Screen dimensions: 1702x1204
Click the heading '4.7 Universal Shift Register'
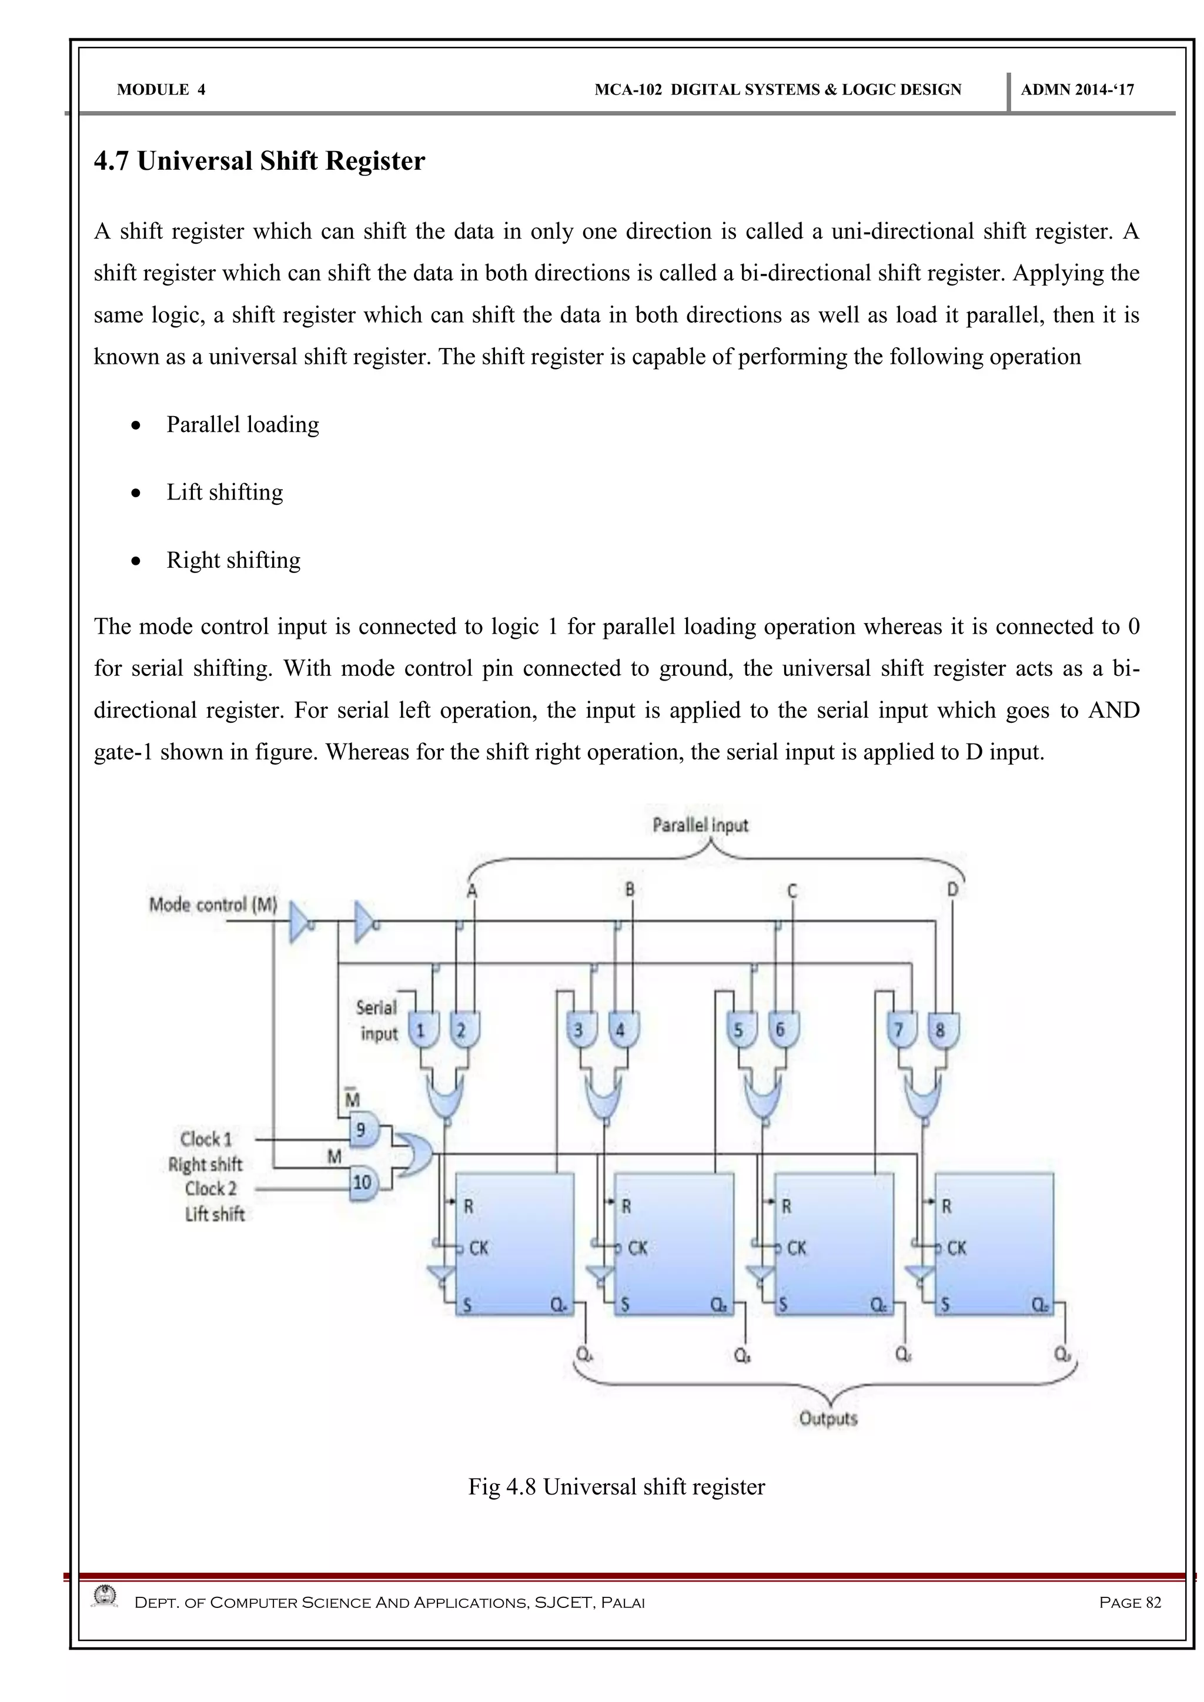(259, 162)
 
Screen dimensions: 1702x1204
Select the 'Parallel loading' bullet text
(242, 425)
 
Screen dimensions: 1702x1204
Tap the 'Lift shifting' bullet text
(225, 492)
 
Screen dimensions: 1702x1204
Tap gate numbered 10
(363, 1182)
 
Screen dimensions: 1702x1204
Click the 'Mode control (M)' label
(213, 904)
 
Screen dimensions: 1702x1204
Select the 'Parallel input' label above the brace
(700, 825)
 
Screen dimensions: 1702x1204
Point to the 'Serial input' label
(378, 1021)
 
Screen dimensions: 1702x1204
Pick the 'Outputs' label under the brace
(828, 1419)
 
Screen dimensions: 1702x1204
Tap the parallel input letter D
(952, 890)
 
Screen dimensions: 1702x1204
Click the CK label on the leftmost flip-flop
(478, 1248)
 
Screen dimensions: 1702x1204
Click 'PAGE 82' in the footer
(1130, 1603)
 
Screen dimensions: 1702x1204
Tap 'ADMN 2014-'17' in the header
(1076, 90)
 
